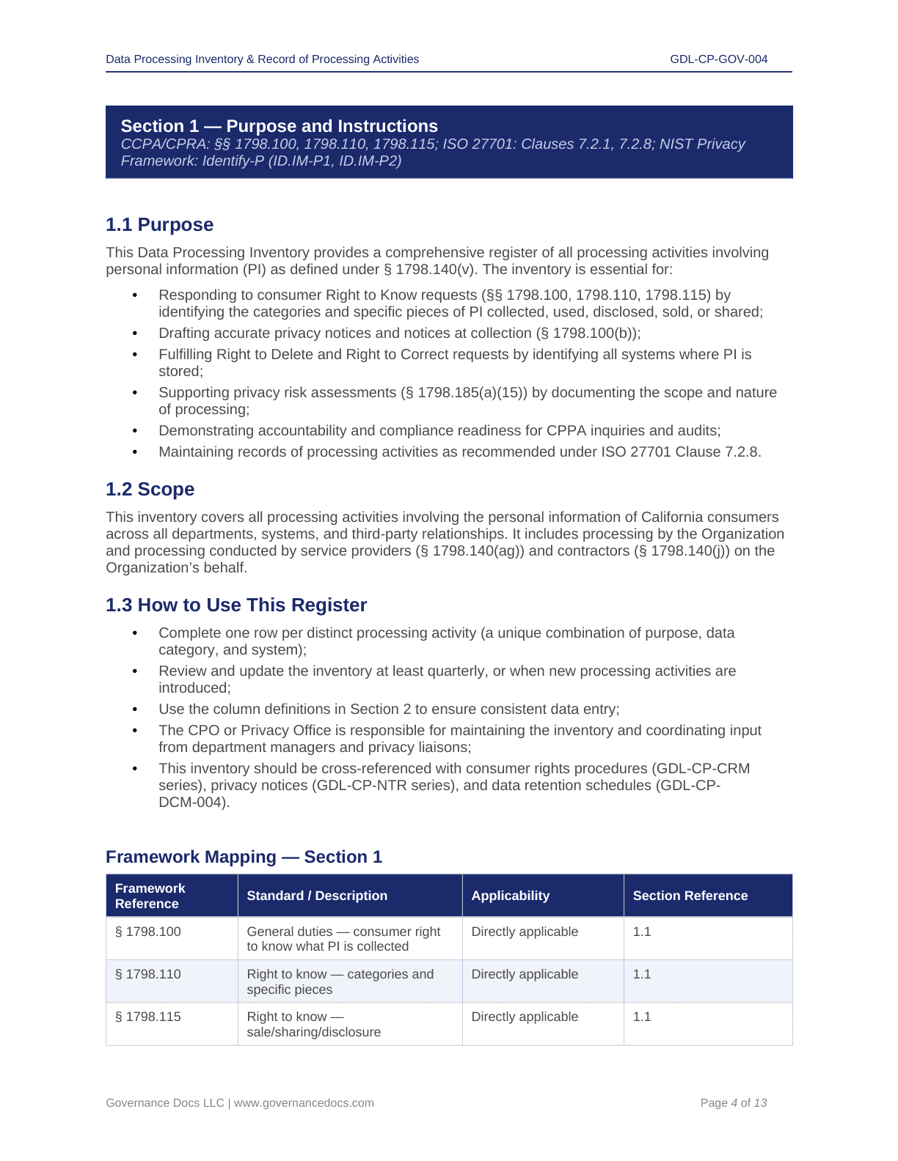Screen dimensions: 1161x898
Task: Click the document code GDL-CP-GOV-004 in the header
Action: tap(718, 59)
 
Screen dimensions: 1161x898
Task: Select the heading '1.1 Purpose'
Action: tap(159, 225)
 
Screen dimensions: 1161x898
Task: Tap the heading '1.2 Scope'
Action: tap(150, 490)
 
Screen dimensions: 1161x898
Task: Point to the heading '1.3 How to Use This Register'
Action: tap(236, 605)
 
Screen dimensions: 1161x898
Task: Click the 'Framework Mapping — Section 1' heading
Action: tap(244, 857)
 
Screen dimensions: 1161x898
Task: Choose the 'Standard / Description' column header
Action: tap(317, 896)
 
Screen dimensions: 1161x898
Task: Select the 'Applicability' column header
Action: tap(510, 896)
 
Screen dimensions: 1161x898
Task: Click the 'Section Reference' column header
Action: tap(690, 896)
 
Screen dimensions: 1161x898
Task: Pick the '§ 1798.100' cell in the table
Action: tap(148, 932)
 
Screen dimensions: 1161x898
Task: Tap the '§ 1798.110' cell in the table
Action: tap(148, 974)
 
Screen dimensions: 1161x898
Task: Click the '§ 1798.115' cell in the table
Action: tap(148, 1017)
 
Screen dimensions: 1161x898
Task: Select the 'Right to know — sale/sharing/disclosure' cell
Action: tap(314, 1024)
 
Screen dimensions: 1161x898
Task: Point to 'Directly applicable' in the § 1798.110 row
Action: tap(525, 974)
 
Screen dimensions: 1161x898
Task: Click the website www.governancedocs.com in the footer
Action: tap(304, 1103)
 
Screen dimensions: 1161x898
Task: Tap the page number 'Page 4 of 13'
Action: tap(733, 1103)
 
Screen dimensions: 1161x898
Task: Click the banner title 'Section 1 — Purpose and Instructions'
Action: tap(279, 126)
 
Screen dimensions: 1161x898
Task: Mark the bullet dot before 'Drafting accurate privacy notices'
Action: tap(135, 333)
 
